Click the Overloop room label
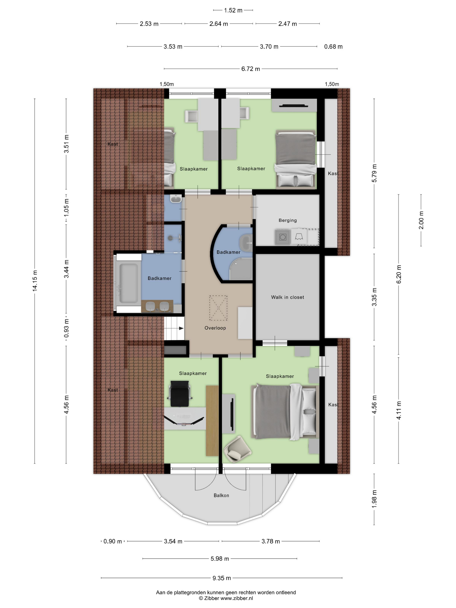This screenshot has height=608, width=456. [x=215, y=328]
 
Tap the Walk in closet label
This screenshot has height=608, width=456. [x=287, y=297]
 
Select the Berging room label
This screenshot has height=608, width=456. [x=287, y=220]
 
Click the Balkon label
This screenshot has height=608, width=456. [x=221, y=495]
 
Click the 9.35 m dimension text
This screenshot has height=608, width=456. [x=221, y=578]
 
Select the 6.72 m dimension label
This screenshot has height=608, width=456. [x=250, y=69]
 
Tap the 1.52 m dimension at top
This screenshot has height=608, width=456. [x=233, y=10]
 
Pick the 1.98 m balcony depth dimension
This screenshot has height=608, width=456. [x=374, y=499]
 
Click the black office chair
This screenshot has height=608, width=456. [x=180, y=394]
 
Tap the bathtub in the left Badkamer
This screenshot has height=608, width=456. [x=129, y=283]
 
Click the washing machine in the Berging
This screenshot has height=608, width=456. [x=283, y=237]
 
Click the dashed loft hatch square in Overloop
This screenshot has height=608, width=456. [x=218, y=308]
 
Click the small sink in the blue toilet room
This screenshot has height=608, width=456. [x=175, y=198]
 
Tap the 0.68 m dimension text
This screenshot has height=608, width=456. [x=333, y=47]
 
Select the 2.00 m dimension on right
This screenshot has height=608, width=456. [x=421, y=220]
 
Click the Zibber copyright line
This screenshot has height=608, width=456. [x=226, y=598]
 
